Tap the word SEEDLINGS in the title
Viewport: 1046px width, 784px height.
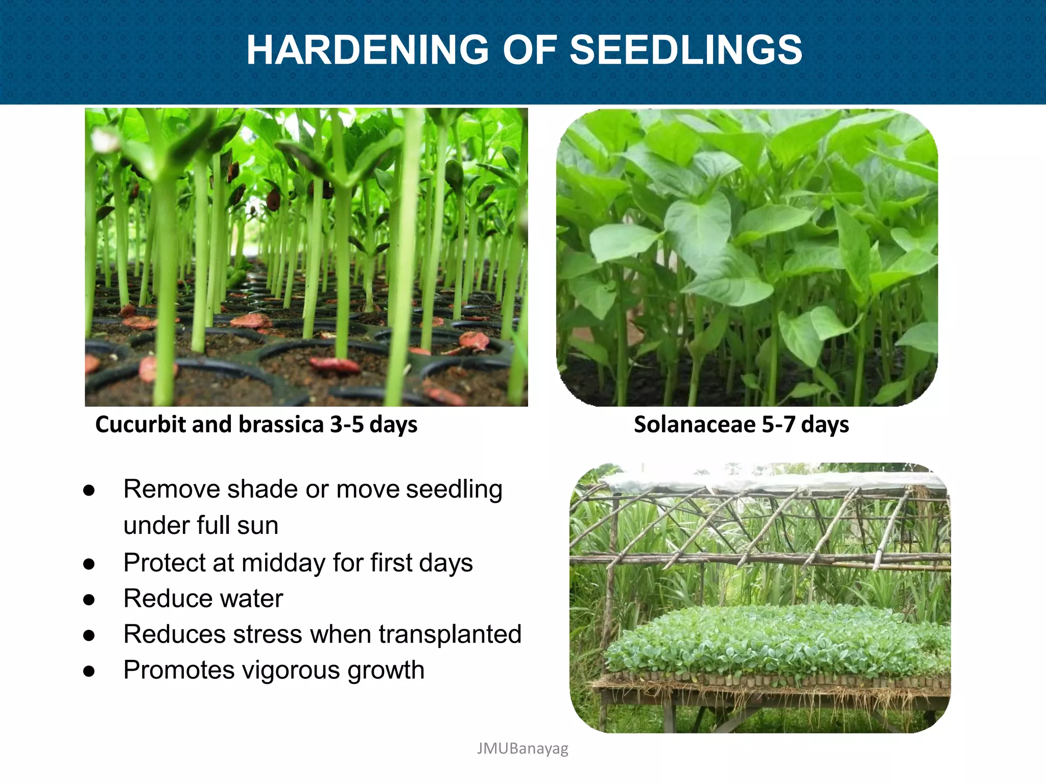(686, 50)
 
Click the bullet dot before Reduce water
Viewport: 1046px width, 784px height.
(89, 600)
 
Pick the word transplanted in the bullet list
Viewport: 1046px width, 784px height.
(450, 634)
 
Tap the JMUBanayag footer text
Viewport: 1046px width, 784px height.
(522, 748)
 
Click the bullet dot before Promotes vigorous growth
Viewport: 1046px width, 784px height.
(89, 672)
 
